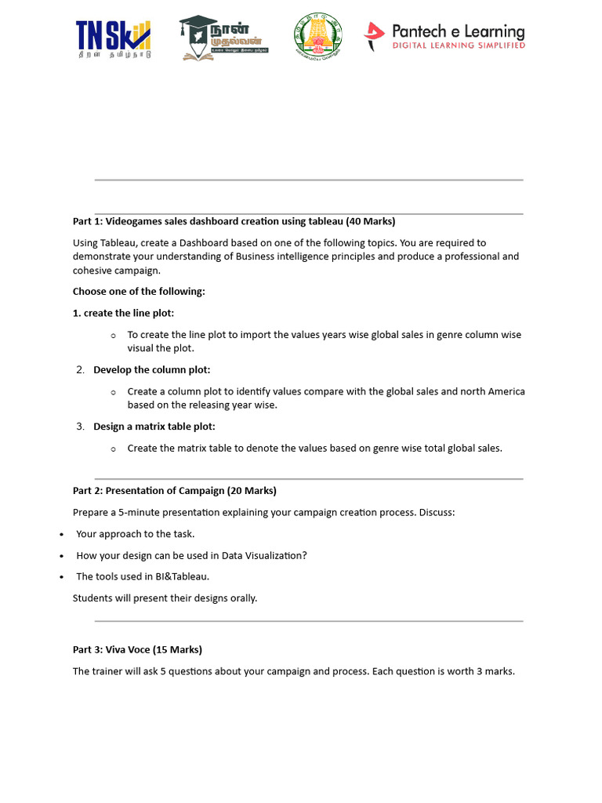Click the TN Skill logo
click(113, 38)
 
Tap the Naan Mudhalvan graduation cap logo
click(223, 37)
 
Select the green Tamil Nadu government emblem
click(317, 37)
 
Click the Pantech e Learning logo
click(444, 36)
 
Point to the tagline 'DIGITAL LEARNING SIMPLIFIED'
click(459, 45)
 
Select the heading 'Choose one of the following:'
click(139, 291)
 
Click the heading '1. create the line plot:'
click(124, 313)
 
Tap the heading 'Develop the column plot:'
click(152, 369)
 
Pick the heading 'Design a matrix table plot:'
click(154, 427)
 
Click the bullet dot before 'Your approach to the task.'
click(62, 535)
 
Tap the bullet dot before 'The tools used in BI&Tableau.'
click(62, 577)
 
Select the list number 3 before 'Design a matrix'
click(80, 427)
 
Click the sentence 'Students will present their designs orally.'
click(165, 598)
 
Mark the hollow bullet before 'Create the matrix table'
click(114, 449)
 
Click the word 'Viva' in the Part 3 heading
click(117, 649)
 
